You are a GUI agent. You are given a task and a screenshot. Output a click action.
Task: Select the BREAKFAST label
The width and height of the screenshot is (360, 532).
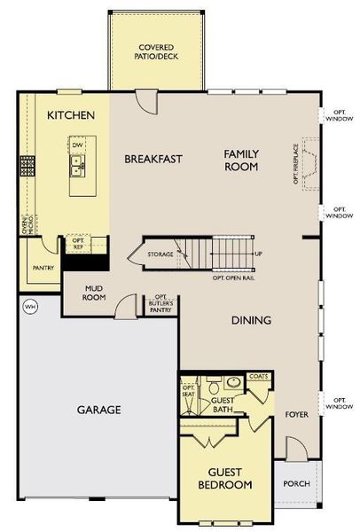click(x=153, y=160)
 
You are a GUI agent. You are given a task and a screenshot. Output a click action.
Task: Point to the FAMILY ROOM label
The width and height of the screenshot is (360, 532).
click(x=240, y=160)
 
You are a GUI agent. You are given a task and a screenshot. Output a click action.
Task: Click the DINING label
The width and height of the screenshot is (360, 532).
click(x=252, y=320)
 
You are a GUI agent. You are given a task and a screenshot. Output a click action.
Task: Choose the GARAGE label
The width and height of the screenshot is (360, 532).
click(x=98, y=410)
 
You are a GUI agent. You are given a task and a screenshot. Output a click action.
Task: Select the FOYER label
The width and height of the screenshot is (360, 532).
click(x=296, y=414)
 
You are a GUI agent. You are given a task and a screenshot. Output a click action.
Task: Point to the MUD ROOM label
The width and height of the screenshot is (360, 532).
click(x=95, y=293)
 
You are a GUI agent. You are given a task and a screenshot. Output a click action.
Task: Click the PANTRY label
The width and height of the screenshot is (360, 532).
click(x=43, y=268)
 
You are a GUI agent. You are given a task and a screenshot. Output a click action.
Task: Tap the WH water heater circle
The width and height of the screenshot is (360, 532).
click(x=30, y=306)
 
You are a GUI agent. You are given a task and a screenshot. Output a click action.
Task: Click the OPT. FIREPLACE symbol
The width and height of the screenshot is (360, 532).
click(x=311, y=160)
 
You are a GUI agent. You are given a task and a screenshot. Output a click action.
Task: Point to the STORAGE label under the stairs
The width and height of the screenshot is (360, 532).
click(x=160, y=255)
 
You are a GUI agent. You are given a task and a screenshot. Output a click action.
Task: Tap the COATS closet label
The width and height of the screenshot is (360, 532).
click(x=259, y=377)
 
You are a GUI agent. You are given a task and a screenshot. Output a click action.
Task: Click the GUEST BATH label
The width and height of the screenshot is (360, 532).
click(x=225, y=404)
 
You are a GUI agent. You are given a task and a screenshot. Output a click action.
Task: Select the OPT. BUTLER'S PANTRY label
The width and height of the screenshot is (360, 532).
click(x=160, y=304)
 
